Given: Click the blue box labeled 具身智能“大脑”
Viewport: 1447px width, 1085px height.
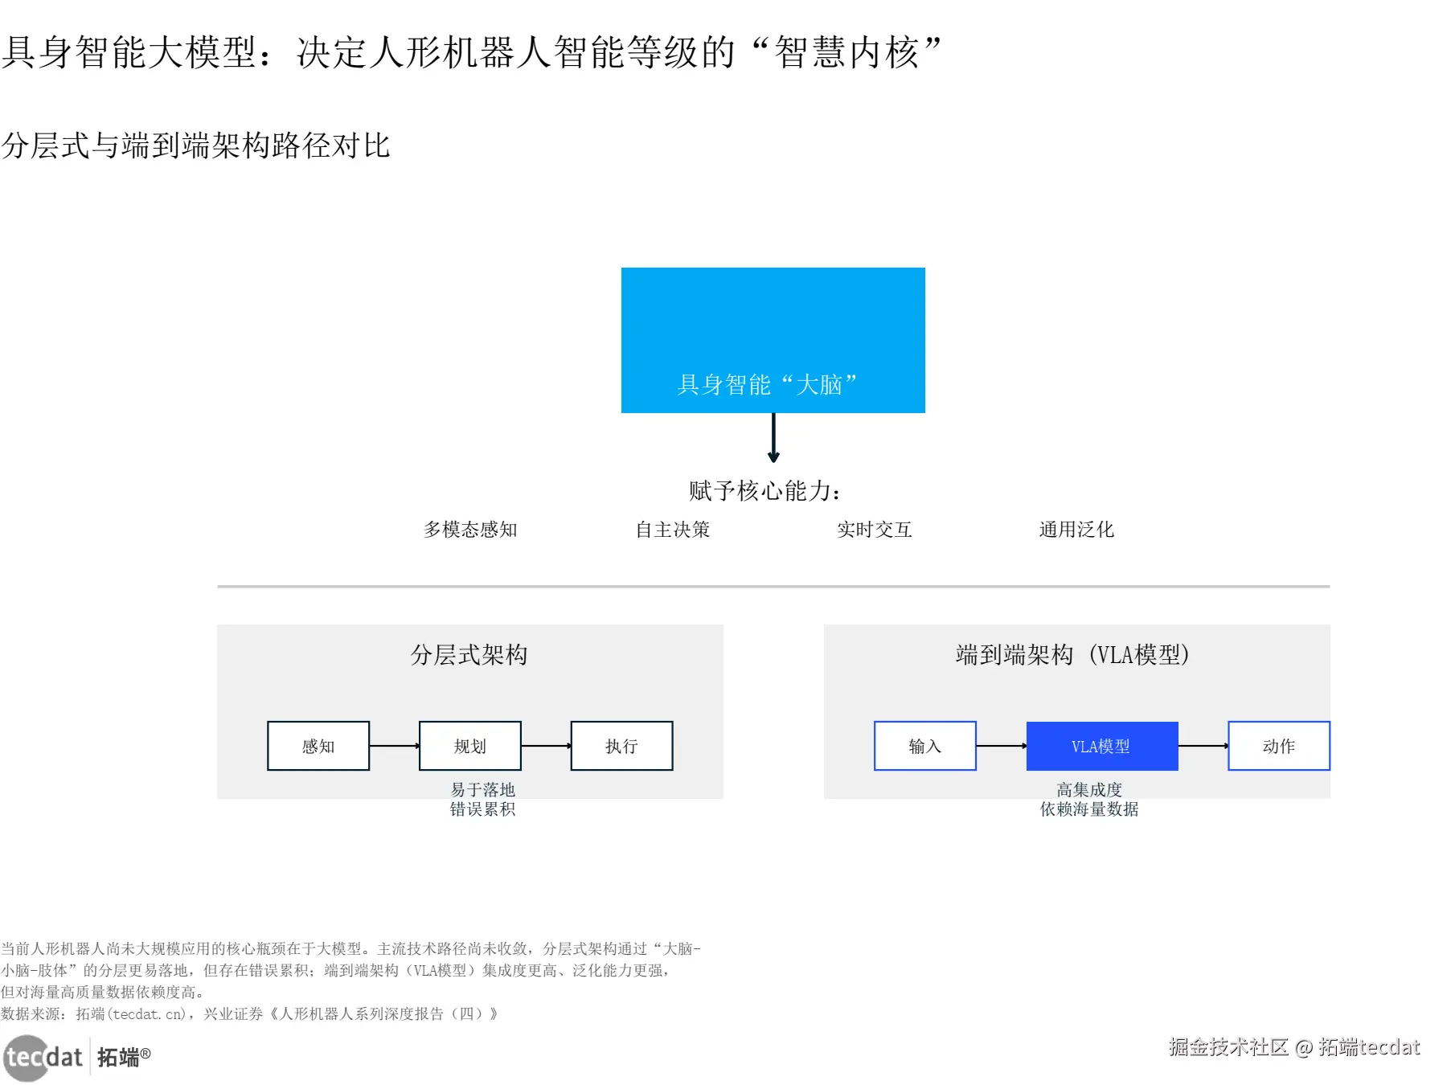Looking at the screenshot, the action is tap(773, 340).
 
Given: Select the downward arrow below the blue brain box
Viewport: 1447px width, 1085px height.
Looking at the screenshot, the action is tap(773, 438).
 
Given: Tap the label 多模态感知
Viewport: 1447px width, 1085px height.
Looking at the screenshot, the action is tap(470, 530).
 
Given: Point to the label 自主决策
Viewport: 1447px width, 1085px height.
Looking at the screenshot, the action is tap(673, 530).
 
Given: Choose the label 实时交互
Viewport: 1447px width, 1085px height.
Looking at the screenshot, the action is tap(875, 530).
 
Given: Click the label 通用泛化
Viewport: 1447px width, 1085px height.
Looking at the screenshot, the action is tap(1076, 530).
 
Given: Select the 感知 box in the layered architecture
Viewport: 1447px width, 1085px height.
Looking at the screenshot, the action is tap(318, 746).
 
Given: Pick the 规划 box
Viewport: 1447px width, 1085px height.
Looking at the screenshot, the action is tap(470, 746).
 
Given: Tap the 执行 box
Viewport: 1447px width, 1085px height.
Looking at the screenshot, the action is tap(621, 746).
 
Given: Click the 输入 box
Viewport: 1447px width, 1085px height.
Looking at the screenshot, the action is tap(925, 746).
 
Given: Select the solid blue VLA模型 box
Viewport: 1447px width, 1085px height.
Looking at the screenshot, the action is tap(1102, 746).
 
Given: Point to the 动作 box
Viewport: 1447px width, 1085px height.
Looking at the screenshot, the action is tap(1279, 746).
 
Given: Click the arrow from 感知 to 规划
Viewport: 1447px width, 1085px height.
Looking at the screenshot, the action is tap(395, 746).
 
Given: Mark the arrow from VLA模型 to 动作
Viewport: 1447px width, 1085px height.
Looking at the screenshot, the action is tap(1203, 746).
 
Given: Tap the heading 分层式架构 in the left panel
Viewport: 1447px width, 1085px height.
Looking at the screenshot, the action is tap(469, 655).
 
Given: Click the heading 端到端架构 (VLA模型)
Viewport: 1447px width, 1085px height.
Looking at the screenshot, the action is tap(1072, 655).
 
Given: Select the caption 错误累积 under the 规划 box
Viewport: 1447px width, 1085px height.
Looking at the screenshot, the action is tap(482, 809).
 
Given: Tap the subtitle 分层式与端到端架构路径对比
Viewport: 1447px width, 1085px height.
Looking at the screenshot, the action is tap(196, 145).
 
